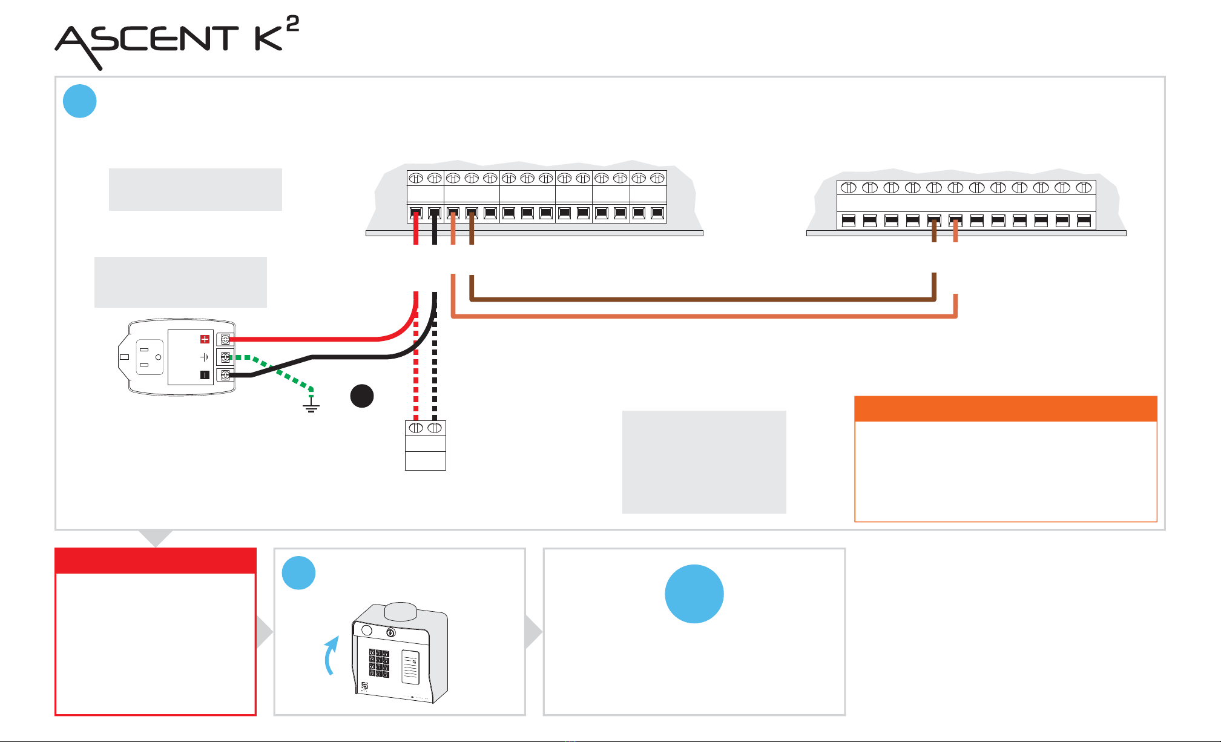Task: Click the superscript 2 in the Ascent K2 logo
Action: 292,24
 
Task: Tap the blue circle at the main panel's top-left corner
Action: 80,101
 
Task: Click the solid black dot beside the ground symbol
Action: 362,396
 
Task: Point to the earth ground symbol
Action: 311,403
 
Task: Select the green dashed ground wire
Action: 272,369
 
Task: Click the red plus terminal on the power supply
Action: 205,339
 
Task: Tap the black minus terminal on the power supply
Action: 205,375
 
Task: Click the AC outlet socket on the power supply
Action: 150,357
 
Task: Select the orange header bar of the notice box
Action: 1005,409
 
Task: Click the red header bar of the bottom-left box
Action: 156,561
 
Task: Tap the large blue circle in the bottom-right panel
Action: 694,594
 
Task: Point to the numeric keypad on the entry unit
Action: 380,663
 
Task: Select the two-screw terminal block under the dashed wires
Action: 426,445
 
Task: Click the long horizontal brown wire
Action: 702,299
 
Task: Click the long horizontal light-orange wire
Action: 704,316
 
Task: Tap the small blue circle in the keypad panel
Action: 298,573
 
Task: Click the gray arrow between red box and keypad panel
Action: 265,632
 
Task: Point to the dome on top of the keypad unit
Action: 400,611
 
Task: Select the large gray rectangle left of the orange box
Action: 704,462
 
